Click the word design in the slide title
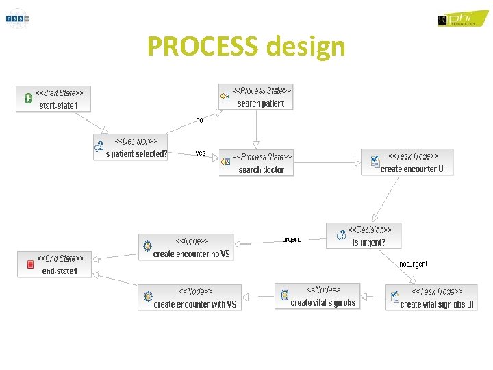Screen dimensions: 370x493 pyautogui.click(x=306, y=47)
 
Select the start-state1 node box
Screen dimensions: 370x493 pyautogui.click(x=53, y=99)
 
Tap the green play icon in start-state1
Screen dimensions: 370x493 pyautogui.click(x=29, y=99)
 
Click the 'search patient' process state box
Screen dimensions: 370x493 pyautogui.click(x=255, y=97)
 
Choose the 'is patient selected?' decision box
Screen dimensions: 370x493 pyautogui.click(x=131, y=147)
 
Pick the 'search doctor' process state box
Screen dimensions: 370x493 pyautogui.click(x=256, y=162)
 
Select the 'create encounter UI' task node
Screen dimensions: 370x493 pyautogui.click(x=408, y=162)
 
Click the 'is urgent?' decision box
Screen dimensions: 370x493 pyautogui.click(x=364, y=236)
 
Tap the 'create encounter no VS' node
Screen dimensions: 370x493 pyautogui.click(x=186, y=247)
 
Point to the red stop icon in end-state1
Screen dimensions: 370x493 pyautogui.click(x=30, y=264)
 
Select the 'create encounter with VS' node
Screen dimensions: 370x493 pyautogui.click(x=189, y=297)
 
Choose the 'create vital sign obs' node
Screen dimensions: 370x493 pyautogui.click(x=317, y=296)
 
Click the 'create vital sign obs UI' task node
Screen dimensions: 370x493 pyautogui.click(x=431, y=297)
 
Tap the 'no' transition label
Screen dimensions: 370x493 pyautogui.click(x=199, y=120)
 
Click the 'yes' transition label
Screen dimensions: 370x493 pyautogui.click(x=200, y=153)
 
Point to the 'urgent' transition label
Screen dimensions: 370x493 pyautogui.click(x=291, y=240)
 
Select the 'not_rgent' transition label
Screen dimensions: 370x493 pyautogui.click(x=413, y=264)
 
